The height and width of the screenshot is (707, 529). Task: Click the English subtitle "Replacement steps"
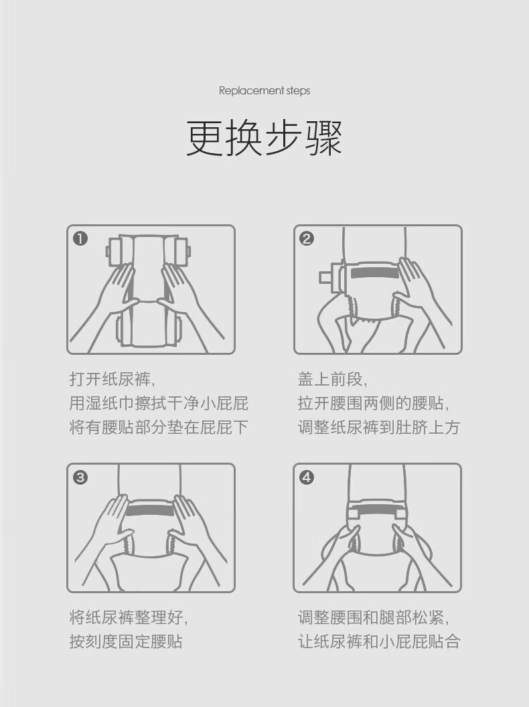264,90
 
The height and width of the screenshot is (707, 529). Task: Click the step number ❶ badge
80,238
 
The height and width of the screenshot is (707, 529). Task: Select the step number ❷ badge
307,238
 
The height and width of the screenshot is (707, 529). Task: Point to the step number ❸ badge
80,477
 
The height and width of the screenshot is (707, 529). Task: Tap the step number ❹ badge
307,477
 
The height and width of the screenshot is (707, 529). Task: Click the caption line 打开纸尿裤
112,380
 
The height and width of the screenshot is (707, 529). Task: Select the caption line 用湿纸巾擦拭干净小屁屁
159,404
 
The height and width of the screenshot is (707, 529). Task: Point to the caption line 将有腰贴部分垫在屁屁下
159,427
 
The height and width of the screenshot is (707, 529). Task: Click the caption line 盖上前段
332,380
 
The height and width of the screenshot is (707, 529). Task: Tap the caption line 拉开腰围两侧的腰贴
374,404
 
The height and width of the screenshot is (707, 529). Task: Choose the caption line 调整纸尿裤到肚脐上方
379,427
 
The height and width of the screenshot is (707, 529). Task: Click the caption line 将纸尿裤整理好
129,617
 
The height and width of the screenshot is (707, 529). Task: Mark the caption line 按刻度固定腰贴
126,641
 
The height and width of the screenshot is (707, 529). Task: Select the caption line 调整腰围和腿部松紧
374,617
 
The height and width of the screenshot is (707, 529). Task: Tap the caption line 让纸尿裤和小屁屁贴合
379,641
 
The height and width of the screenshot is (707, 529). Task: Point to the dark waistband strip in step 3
150,510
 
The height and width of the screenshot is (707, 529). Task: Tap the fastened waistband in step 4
377,514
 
